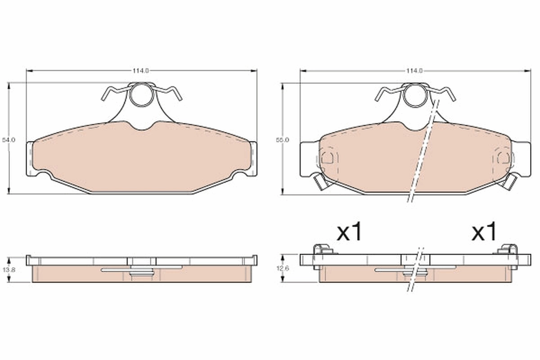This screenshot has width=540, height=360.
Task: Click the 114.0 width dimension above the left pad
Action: tap(140, 71)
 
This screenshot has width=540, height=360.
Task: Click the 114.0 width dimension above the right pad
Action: tap(414, 71)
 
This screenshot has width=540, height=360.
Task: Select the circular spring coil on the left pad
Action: tap(141, 95)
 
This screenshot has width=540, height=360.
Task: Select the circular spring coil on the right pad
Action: tap(415, 96)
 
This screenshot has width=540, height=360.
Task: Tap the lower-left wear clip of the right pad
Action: tap(320, 182)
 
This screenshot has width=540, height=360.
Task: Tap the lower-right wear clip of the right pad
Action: tap(509, 182)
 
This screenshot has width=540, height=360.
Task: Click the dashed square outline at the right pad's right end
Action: tap(503, 158)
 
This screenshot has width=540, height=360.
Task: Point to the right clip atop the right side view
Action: tap(509, 249)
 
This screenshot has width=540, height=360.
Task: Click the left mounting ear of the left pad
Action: tap(30, 158)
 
